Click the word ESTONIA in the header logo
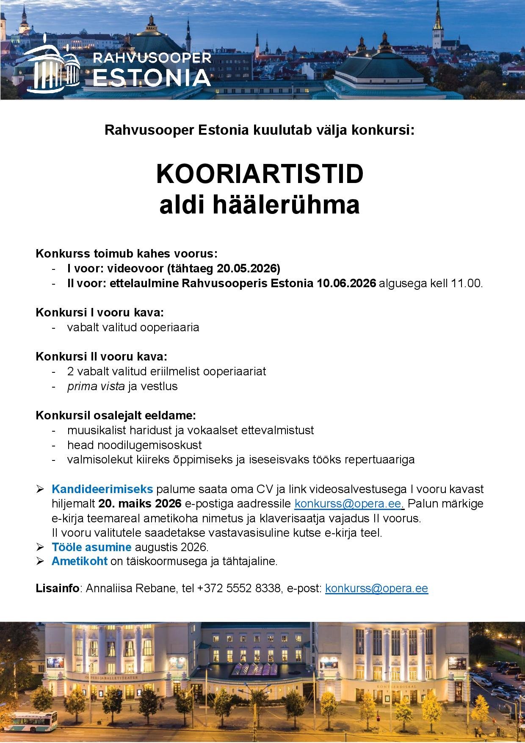(x=152, y=78)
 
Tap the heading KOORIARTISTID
(x=260, y=174)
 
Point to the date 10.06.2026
(x=346, y=283)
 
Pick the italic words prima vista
(x=96, y=386)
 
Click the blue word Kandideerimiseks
(x=102, y=489)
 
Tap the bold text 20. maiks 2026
(x=140, y=504)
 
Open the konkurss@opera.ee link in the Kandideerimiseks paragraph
(x=347, y=504)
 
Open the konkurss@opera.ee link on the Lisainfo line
(x=376, y=588)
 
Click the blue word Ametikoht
(x=80, y=562)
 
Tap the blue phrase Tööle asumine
(x=91, y=547)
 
